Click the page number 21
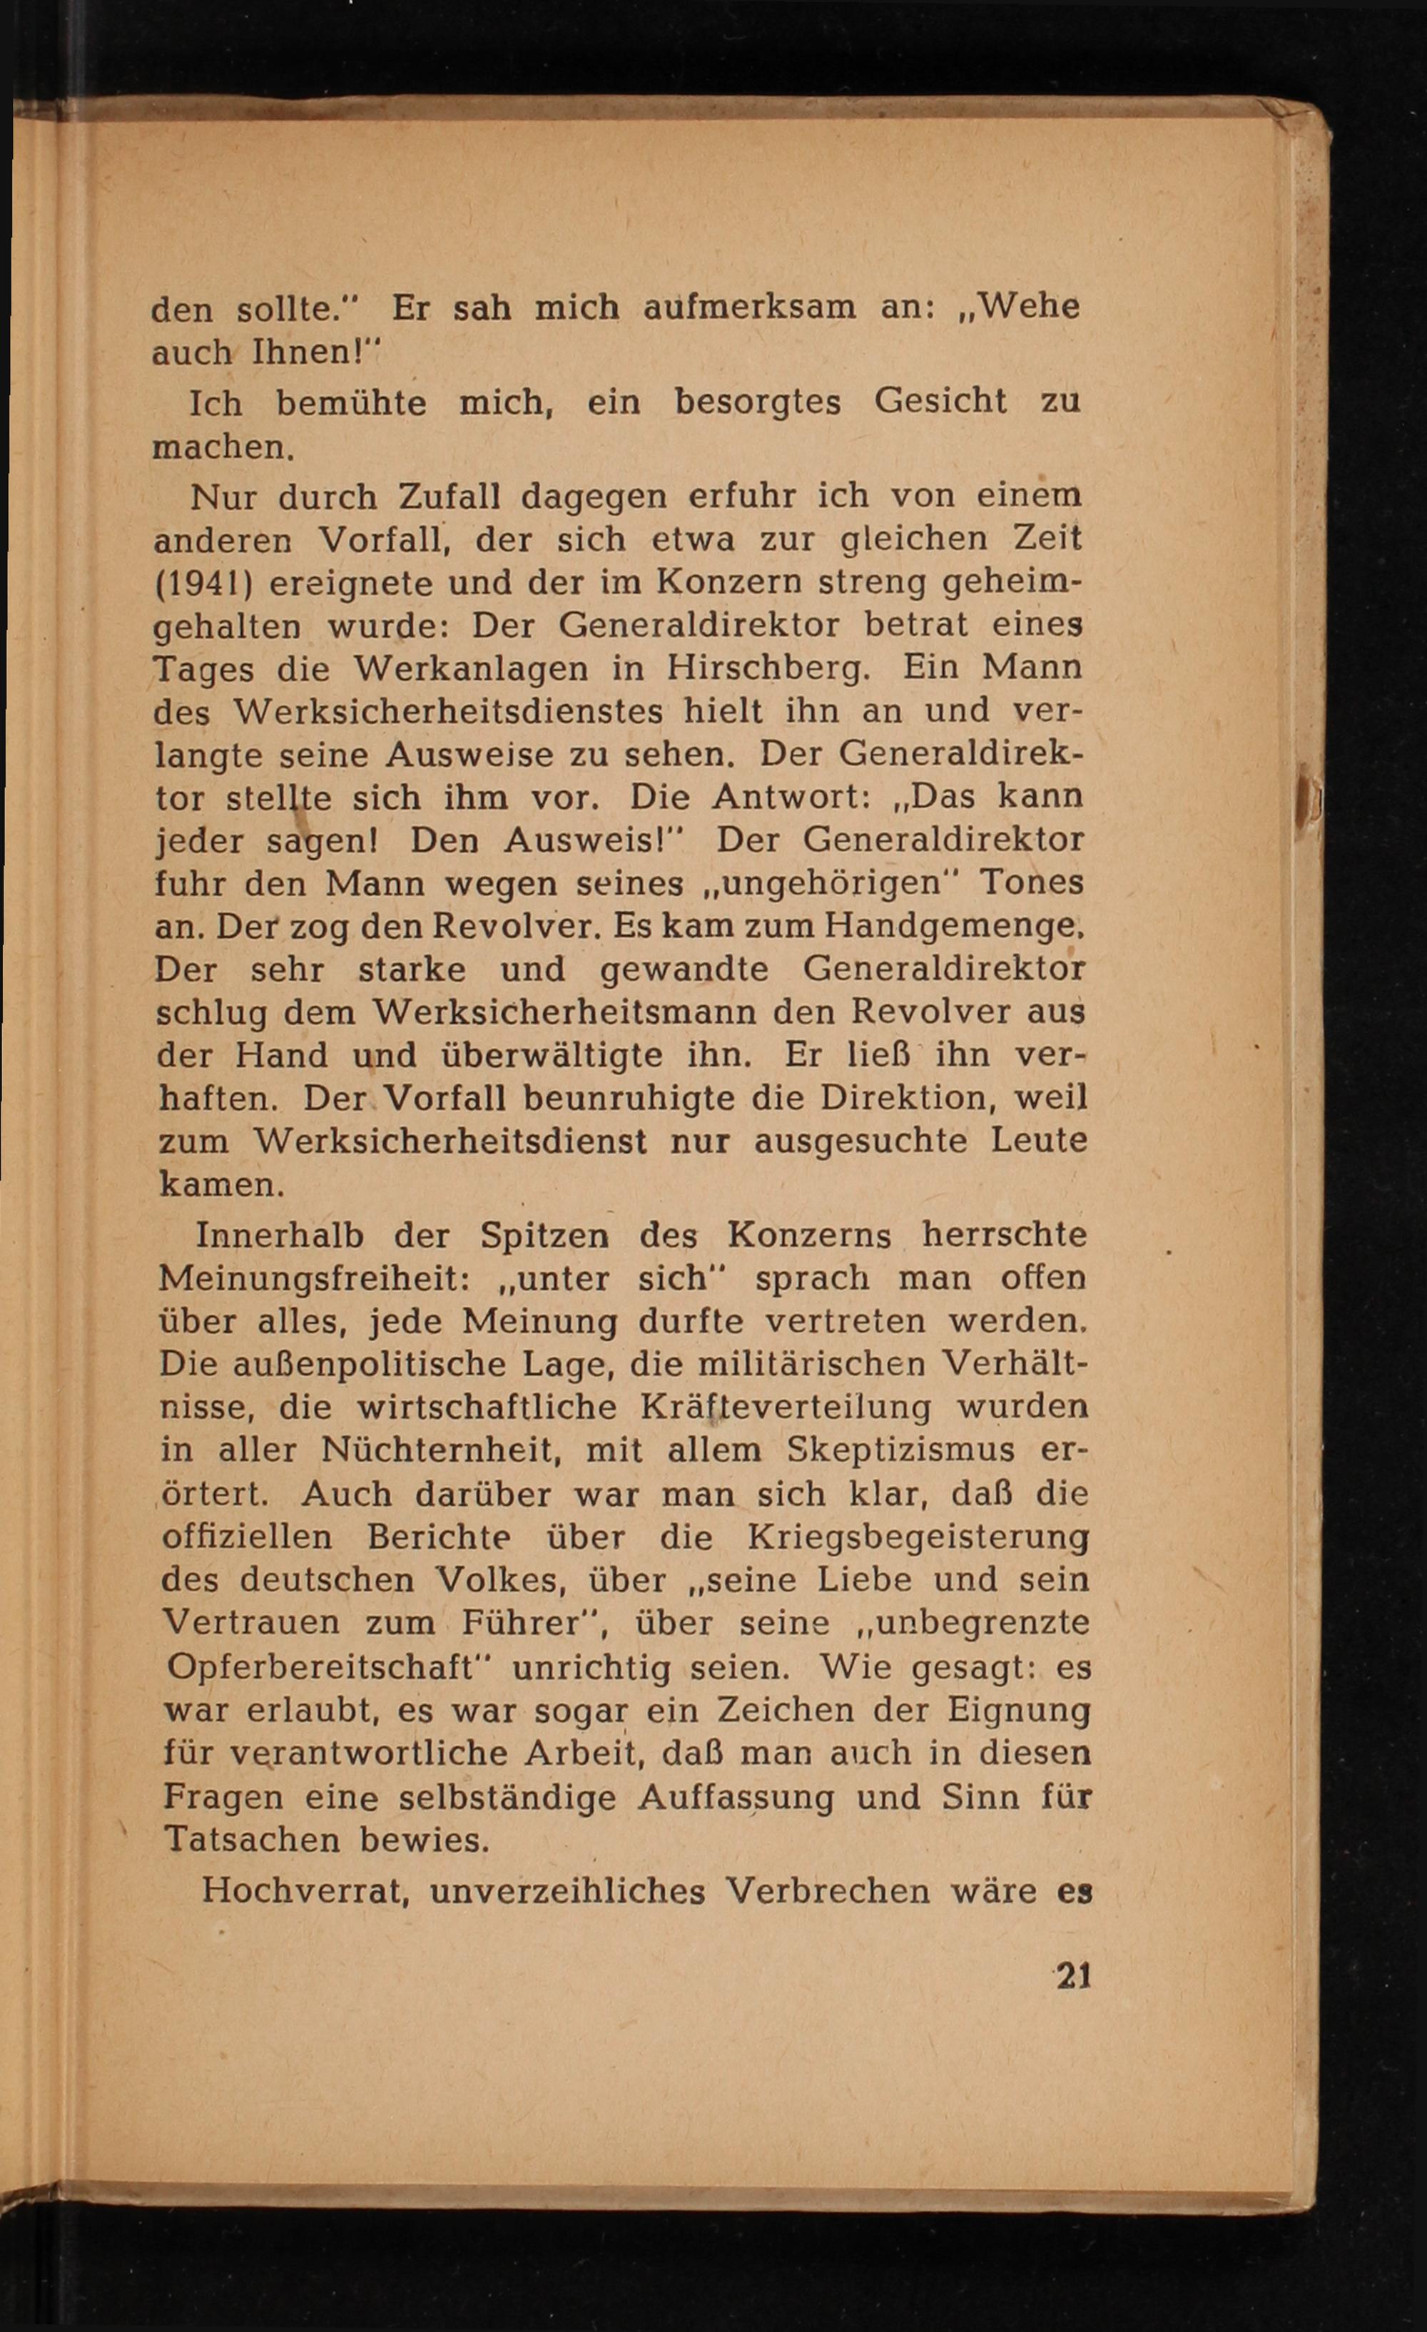(1074, 1977)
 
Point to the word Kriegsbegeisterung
(918, 1537)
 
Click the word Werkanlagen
(471, 669)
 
